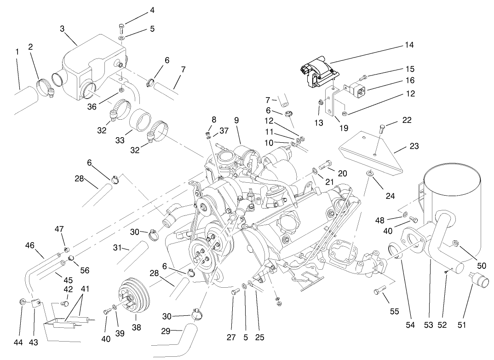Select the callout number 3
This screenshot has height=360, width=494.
click(62, 29)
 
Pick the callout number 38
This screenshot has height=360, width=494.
click(137, 328)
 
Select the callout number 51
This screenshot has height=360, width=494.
click(462, 325)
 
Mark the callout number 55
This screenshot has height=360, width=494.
click(394, 311)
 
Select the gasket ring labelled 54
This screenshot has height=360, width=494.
click(395, 251)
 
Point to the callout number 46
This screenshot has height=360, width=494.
click(30, 246)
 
